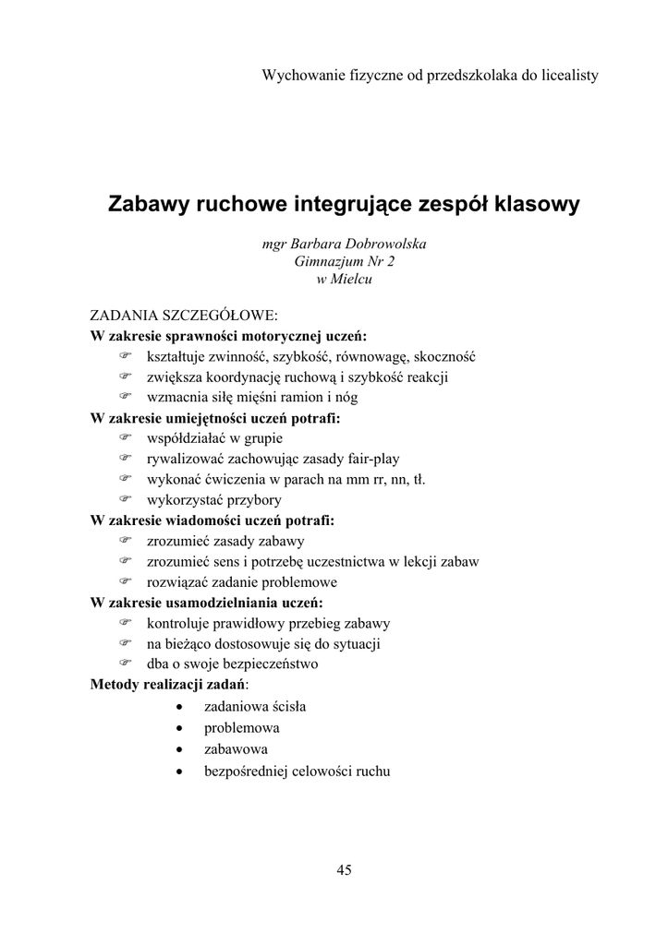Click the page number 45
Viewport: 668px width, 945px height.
click(345, 869)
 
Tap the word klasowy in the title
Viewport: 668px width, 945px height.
click(534, 204)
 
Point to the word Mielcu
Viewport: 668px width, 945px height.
click(352, 280)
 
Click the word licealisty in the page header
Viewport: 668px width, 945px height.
click(566, 75)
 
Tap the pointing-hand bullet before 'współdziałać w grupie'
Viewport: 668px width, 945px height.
click(125, 438)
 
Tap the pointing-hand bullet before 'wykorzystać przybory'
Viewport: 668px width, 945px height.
click(125, 500)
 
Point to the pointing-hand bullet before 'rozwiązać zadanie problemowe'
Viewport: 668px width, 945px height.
click(125, 582)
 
